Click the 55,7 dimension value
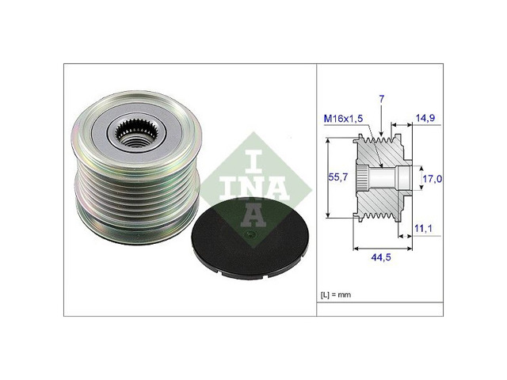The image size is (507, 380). (337, 180)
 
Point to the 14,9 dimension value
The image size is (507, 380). (425, 119)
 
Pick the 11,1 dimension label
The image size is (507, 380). (425, 230)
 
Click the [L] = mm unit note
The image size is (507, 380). (336, 294)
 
